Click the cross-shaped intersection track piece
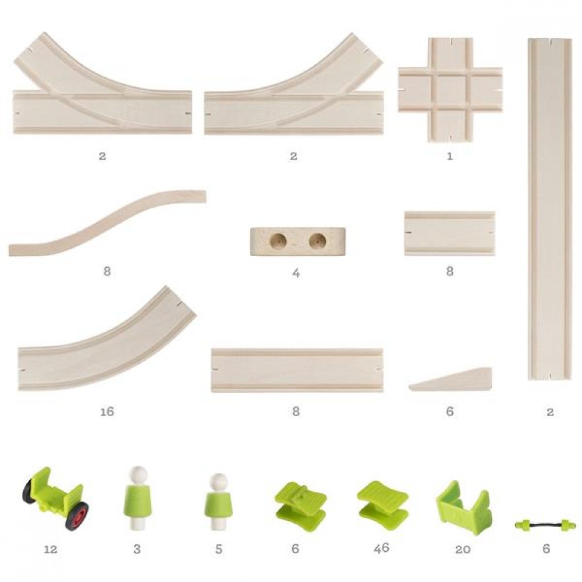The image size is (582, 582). click(450, 90)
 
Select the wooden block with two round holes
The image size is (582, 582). click(298, 242)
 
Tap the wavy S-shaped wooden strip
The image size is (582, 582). click(107, 223)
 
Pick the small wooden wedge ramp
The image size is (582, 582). click(450, 379)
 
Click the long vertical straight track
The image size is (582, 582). click(550, 208)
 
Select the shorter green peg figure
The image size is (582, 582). click(219, 501)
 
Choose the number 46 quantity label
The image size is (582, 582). click(382, 548)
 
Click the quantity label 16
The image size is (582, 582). click(107, 411)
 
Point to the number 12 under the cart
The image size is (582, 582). click(51, 549)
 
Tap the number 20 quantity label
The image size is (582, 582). click(463, 549)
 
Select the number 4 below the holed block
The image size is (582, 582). click(296, 273)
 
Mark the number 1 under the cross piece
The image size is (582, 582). click(450, 156)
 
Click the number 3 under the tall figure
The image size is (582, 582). click(137, 549)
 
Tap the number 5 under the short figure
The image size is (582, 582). click(219, 549)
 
